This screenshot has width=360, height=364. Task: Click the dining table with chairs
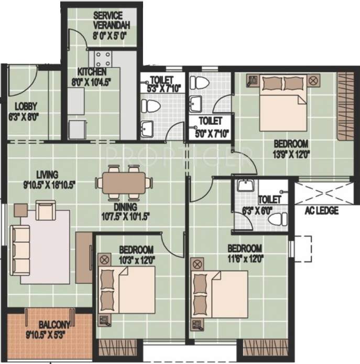pos(124,183)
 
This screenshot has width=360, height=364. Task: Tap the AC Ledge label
pos(322,211)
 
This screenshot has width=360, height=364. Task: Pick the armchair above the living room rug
pos(46,211)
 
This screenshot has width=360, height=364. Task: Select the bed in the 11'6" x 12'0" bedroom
pos(217,292)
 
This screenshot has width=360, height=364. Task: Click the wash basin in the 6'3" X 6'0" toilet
pos(244,186)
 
